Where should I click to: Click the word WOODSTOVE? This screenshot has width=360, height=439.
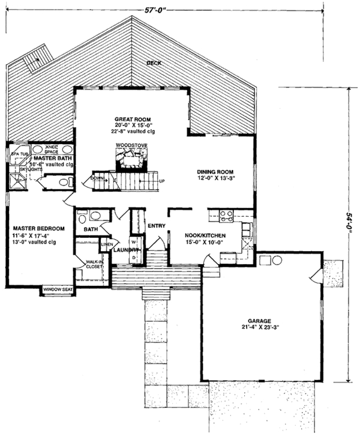click(129, 145)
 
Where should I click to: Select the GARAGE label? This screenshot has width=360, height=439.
click(264, 321)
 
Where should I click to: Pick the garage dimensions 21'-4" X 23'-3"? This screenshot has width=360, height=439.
click(264, 328)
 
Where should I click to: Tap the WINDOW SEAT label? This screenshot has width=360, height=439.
click(58, 291)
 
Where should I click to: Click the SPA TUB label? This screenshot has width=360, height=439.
click(19, 154)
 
